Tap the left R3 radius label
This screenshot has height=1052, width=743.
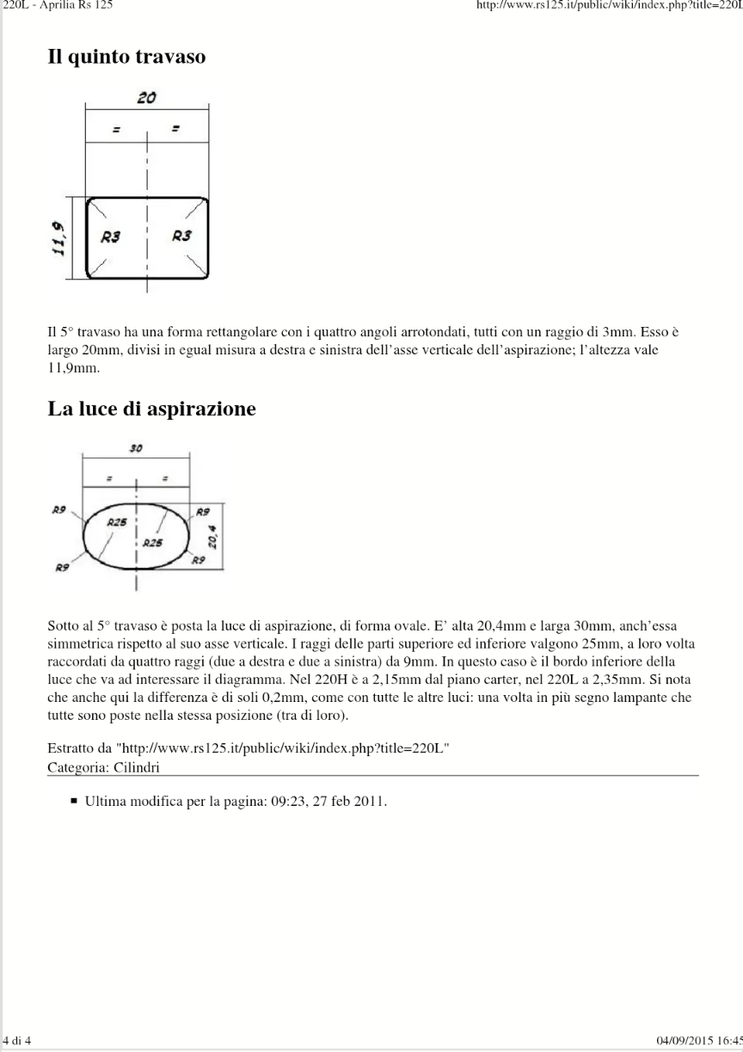click(x=110, y=236)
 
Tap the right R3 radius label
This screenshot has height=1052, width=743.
click(x=181, y=236)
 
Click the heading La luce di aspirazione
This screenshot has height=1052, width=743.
click(x=151, y=409)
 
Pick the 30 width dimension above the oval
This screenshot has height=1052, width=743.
click(x=137, y=449)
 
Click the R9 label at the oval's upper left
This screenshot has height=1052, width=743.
click(x=59, y=510)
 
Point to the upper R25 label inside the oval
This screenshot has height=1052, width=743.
click(x=117, y=521)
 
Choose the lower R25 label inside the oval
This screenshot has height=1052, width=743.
click(x=152, y=543)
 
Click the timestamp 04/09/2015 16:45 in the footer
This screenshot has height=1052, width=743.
click(x=698, y=1041)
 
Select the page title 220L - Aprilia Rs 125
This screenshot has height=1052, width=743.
click(x=57, y=5)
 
